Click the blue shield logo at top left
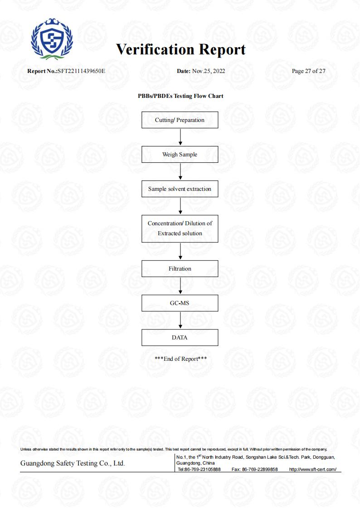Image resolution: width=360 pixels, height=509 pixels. click(52, 39)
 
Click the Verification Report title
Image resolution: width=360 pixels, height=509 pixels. click(181, 50)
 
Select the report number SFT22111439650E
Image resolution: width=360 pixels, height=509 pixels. click(82, 71)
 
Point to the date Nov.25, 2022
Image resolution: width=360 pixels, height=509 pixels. click(209, 71)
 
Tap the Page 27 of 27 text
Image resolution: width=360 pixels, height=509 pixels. click(308, 71)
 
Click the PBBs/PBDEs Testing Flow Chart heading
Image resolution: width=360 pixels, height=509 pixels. click(180, 96)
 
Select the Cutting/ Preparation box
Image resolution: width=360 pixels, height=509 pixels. click(180, 120)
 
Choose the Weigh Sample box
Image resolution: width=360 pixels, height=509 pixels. click(180, 154)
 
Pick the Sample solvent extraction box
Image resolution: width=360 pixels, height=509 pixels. click(180, 189)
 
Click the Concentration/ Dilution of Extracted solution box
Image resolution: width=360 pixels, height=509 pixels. click(180, 228)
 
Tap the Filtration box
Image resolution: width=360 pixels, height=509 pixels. click(180, 268)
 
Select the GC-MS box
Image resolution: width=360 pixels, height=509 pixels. click(180, 303)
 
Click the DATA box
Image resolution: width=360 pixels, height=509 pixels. click(180, 337)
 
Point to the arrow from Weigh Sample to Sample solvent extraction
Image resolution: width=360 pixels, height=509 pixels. click(180, 171)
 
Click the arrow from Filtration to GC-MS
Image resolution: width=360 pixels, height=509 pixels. click(180, 286)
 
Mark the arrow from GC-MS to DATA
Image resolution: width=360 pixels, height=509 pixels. click(180, 320)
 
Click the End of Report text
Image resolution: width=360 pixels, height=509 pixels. click(181, 359)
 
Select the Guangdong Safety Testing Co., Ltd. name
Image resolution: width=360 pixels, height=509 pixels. click(73, 463)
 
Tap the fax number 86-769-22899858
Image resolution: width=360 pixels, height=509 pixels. click(260, 470)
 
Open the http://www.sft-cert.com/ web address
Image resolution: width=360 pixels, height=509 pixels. click(312, 470)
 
